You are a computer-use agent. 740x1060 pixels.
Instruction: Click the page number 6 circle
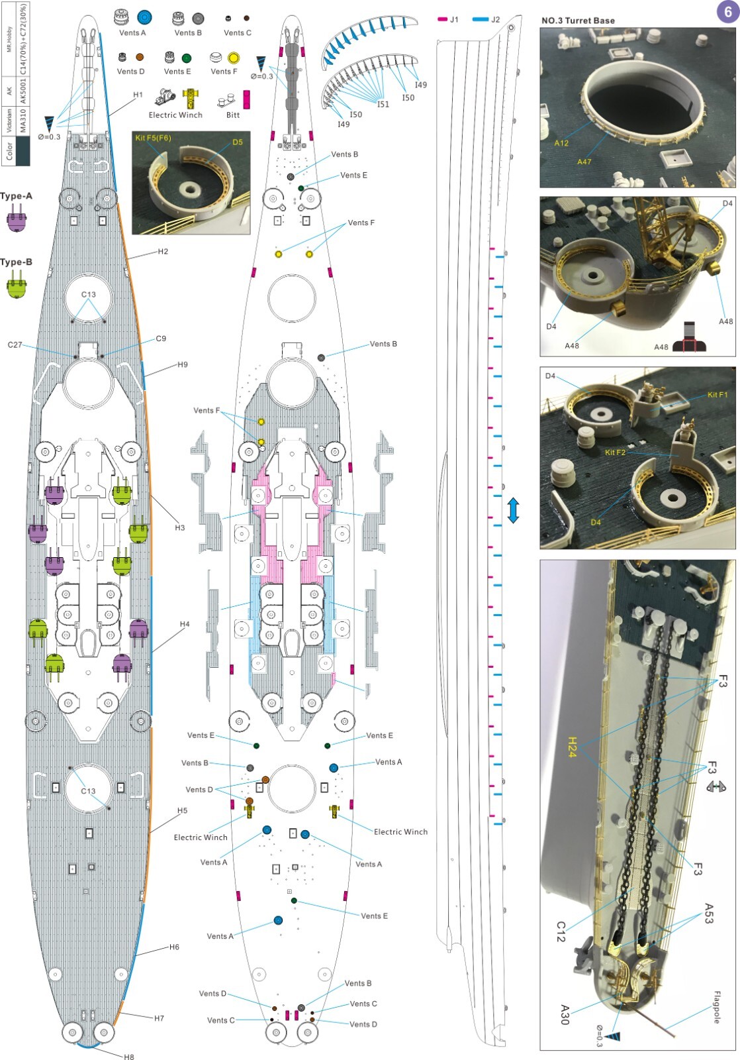point(727,13)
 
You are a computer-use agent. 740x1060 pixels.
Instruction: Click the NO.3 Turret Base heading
point(578,21)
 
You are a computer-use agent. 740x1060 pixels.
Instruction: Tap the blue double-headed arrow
point(513,511)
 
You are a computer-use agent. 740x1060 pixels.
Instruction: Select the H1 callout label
point(138,95)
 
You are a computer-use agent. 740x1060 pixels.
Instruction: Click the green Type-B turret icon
point(17,286)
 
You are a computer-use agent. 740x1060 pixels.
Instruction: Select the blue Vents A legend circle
point(144,18)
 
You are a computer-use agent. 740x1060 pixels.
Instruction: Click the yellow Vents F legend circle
point(234,58)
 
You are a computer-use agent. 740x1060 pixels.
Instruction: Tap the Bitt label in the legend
point(232,115)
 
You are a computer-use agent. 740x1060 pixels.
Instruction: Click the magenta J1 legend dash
point(443,19)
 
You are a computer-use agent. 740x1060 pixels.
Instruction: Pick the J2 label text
point(495,19)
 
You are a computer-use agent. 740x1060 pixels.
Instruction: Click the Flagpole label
point(716,1007)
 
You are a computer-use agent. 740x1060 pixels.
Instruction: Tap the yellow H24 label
point(572,747)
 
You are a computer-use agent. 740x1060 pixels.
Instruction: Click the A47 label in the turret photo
point(584,162)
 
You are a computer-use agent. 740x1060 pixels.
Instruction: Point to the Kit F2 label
point(614,452)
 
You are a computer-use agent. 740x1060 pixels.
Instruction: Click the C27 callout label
point(15,344)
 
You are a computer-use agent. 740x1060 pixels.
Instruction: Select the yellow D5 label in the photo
point(238,142)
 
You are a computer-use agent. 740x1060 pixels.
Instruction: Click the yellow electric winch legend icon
point(191,99)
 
